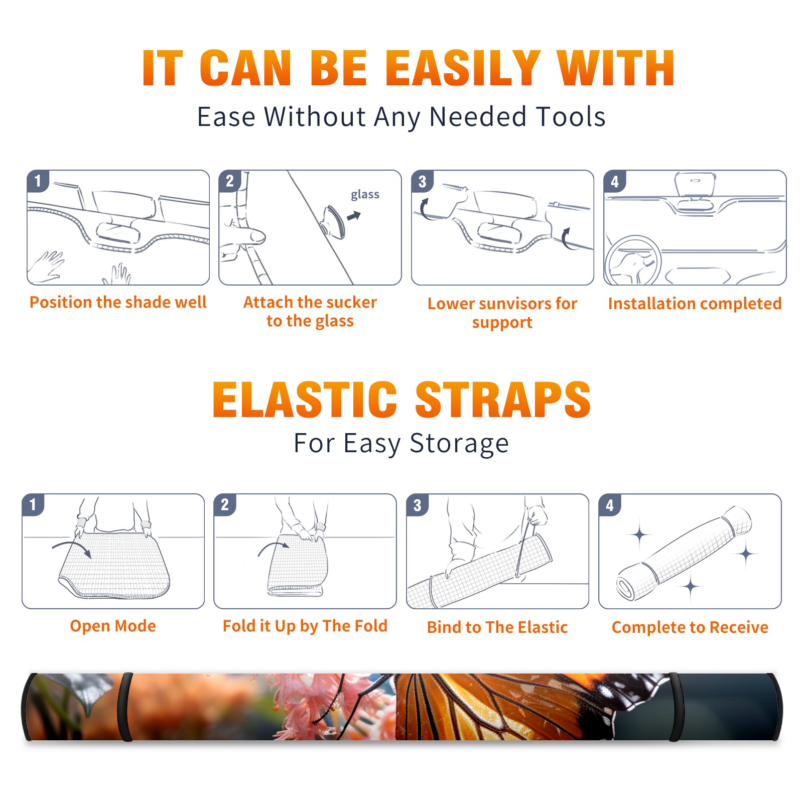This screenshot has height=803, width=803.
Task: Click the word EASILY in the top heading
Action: [463, 68]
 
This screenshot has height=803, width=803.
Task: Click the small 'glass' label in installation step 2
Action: [365, 195]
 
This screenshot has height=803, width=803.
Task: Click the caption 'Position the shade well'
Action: [118, 302]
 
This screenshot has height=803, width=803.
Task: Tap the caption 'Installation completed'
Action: [695, 303]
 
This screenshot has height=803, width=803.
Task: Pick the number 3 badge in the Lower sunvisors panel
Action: [422, 181]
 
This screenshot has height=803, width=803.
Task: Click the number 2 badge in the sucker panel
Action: [230, 181]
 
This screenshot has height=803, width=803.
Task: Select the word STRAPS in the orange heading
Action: [503, 399]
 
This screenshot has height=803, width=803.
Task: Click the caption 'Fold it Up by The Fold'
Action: [305, 626]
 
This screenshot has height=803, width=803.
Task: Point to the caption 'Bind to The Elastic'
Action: [497, 627]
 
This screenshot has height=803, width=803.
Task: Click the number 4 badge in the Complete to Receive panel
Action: [610, 505]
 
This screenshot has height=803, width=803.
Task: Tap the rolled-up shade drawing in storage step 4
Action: [684, 554]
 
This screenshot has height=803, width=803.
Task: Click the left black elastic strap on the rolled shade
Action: [125, 707]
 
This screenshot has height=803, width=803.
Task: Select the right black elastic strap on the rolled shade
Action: [675, 707]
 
